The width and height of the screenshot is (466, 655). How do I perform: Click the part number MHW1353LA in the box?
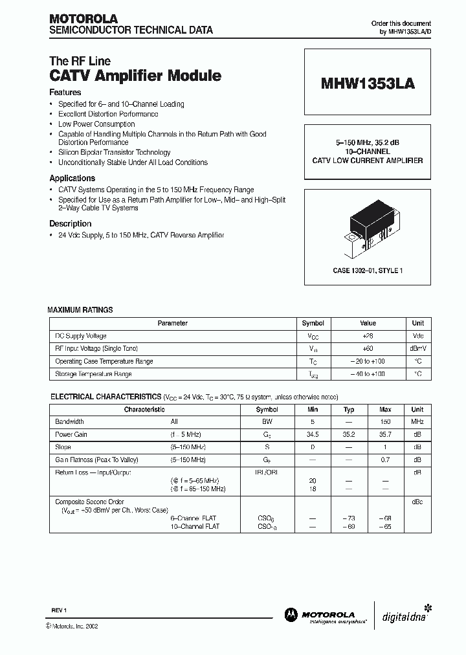coord(368,84)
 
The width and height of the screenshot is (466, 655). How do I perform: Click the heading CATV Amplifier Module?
coord(135,76)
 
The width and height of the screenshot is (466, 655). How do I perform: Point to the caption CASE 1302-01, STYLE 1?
coord(367,271)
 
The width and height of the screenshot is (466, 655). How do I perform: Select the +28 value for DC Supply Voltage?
coord(368,336)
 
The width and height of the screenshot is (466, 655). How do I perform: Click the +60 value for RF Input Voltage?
coord(368,349)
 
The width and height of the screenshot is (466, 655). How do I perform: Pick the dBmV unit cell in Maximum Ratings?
coord(418,349)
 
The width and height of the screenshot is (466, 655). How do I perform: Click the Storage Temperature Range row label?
coord(93,374)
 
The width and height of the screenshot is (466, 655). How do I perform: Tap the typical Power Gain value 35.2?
coord(349,435)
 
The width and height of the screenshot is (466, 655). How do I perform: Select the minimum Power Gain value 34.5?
coord(312,435)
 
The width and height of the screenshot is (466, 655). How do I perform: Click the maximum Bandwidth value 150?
coord(385,422)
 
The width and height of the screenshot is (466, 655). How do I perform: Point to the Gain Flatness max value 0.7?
coord(385,460)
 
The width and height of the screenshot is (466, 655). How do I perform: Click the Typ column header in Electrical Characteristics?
coord(349,410)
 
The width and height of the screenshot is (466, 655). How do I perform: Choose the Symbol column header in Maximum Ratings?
coord(313,323)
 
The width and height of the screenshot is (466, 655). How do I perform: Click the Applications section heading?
coord(72,178)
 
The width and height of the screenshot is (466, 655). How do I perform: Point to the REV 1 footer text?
coord(60,610)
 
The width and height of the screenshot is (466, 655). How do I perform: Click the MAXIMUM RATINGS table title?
coord(80,310)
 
